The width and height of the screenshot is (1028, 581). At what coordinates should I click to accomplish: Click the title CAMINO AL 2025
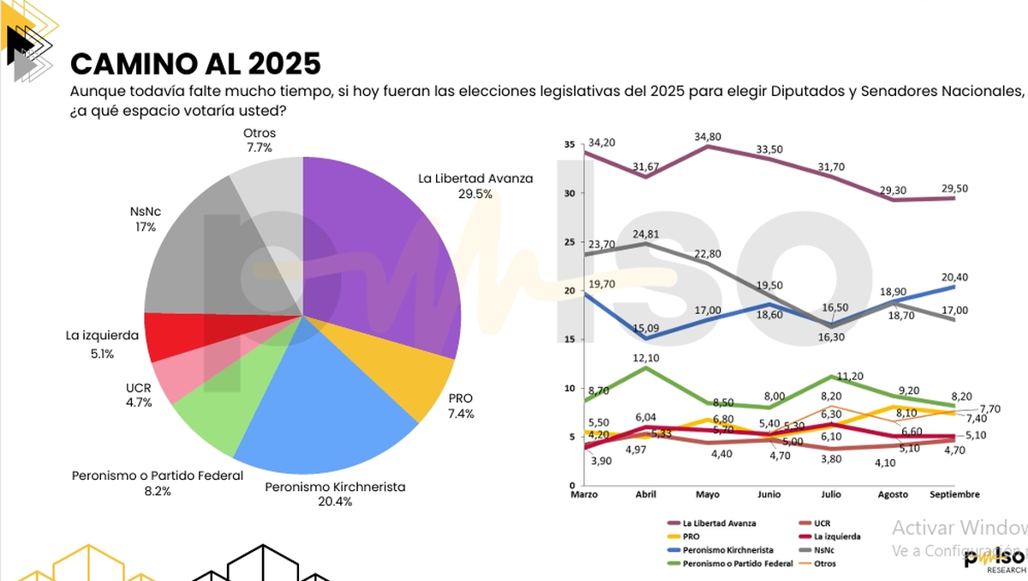tap(195, 63)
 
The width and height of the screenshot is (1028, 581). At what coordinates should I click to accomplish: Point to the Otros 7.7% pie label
tap(258, 141)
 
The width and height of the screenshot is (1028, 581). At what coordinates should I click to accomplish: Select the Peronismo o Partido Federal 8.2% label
tap(158, 482)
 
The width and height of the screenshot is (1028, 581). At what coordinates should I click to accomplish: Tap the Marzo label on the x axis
tap(584, 494)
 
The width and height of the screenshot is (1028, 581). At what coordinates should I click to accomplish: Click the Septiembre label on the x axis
tap(953, 494)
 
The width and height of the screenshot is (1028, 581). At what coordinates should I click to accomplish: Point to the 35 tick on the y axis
tap(570, 145)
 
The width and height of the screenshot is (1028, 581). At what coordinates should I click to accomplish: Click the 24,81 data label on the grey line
tap(647, 234)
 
